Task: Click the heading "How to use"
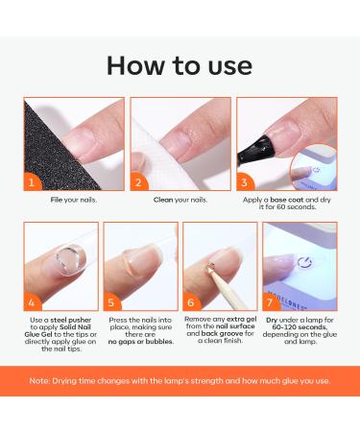click(180, 64)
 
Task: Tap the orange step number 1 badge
click(35, 180)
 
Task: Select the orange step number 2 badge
click(139, 180)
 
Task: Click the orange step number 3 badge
click(245, 180)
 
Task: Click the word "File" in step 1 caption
click(57, 200)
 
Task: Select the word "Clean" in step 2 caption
click(164, 200)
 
